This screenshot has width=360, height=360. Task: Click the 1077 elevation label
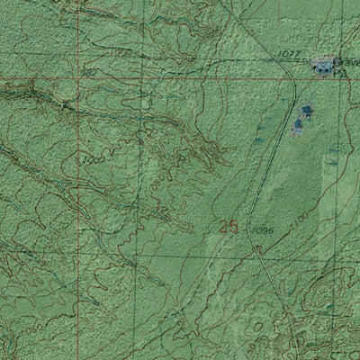[x=288, y=55]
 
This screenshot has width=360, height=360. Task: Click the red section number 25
[x=229, y=227]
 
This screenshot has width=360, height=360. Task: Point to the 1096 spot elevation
[x=263, y=231]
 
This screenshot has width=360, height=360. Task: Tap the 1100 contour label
[x=301, y=219]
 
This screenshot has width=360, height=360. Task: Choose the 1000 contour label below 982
[x=92, y=159]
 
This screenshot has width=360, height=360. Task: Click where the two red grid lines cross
[x=76, y=78]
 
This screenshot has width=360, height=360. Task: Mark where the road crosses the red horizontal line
[x=294, y=78]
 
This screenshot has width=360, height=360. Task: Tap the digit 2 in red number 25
[x=223, y=227]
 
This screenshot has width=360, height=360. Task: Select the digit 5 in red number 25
[x=234, y=227]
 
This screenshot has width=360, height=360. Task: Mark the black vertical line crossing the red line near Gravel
[x=336, y=78]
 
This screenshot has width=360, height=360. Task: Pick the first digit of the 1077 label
[x=281, y=55]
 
